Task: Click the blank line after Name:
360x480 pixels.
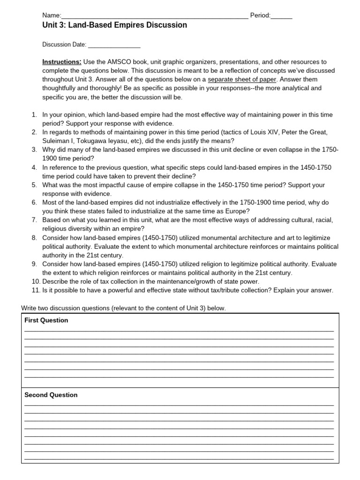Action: click(x=155, y=16)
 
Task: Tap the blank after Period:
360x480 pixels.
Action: click(x=281, y=16)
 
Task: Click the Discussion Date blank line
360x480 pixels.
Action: click(x=114, y=45)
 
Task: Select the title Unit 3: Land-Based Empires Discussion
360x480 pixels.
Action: click(x=114, y=25)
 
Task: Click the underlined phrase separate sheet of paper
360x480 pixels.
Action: click(x=242, y=79)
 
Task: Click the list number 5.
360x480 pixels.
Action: click(x=34, y=185)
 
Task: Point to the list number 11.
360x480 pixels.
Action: click(x=36, y=290)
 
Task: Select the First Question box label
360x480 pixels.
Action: click(x=46, y=321)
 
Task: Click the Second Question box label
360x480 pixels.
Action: click(x=51, y=395)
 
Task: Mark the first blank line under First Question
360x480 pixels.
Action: click(x=179, y=330)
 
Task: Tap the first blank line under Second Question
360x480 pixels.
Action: click(x=179, y=405)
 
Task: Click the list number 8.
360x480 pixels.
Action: click(x=34, y=238)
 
